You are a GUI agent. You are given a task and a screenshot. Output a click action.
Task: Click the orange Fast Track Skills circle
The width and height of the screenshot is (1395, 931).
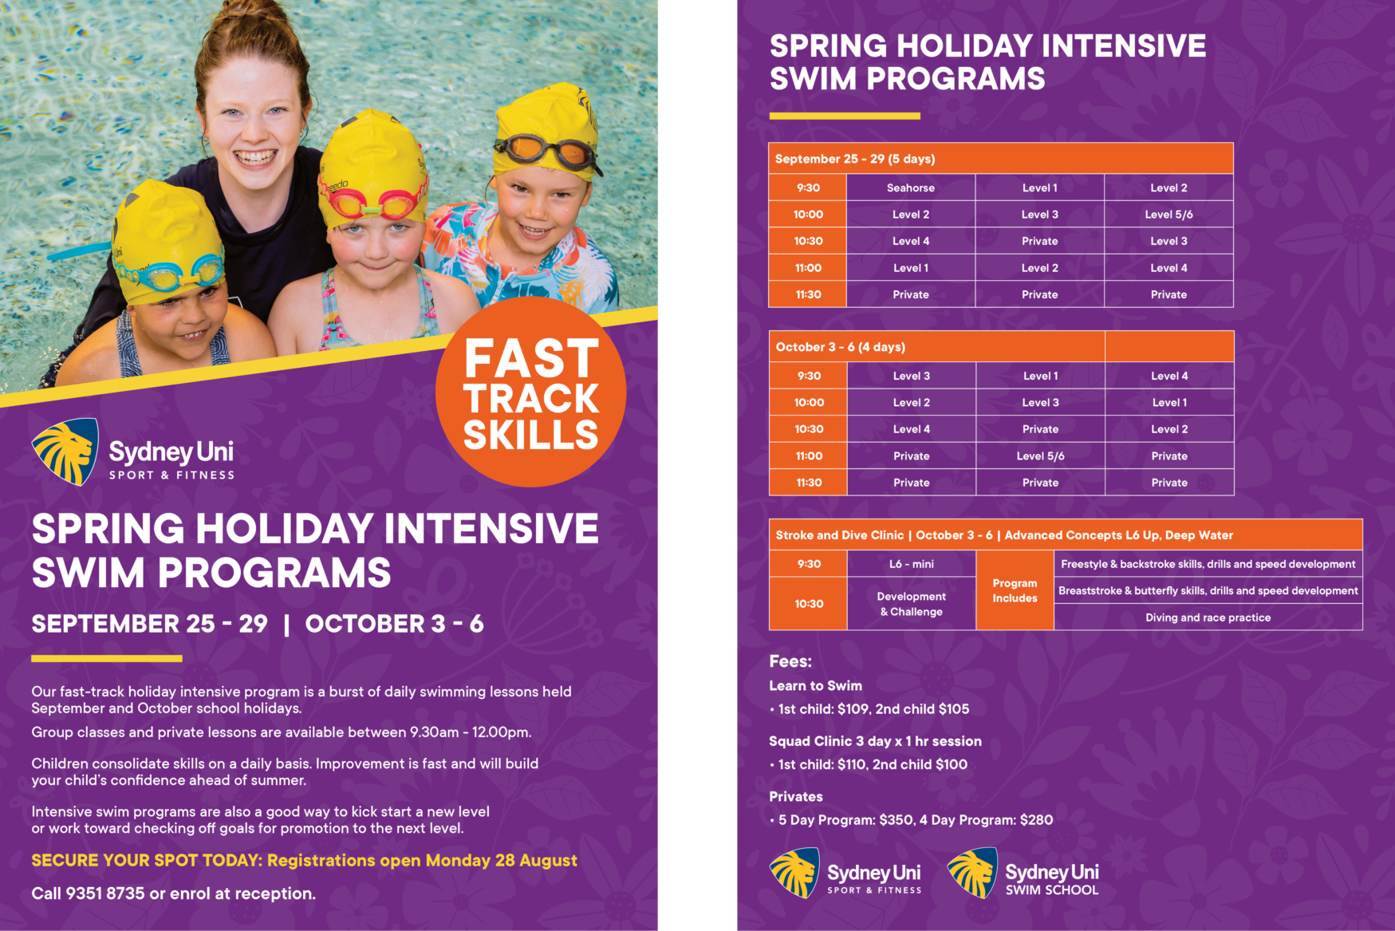pos(531,393)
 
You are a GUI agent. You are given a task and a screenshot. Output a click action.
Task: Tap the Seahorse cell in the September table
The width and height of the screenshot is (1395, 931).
pos(910,188)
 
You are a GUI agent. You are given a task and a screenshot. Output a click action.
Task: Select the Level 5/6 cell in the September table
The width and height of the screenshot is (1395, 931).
pos(1168,215)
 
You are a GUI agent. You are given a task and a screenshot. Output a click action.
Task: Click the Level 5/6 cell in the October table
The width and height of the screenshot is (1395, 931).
pos(1040,456)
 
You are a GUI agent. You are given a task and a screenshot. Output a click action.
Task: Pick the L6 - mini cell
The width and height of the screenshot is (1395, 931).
pos(911,564)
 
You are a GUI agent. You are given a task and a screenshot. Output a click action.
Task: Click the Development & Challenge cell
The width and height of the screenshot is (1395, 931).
pos(911,604)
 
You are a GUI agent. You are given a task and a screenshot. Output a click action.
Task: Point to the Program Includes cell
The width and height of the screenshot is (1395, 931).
pos(1015,590)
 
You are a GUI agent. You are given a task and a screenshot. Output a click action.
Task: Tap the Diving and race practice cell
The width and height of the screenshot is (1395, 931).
pos(1208,617)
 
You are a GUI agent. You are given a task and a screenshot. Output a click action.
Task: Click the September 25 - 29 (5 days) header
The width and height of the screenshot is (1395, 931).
pos(855,159)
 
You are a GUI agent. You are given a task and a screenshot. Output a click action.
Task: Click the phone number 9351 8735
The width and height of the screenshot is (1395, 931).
pos(105,894)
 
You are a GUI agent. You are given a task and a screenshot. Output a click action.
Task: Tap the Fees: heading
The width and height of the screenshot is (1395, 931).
pos(790,661)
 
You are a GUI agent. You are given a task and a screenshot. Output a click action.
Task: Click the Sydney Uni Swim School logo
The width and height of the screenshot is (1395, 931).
pos(1023,874)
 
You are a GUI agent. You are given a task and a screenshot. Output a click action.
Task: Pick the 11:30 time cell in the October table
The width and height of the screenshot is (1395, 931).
pos(809,483)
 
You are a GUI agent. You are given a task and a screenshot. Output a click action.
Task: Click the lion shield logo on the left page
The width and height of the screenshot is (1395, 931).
pos(65,452)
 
